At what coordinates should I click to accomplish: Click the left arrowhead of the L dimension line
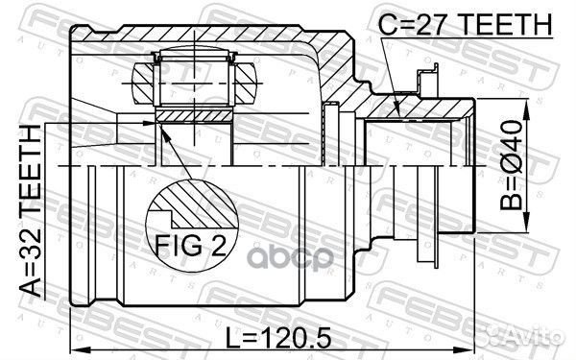click(x=79, y=347)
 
